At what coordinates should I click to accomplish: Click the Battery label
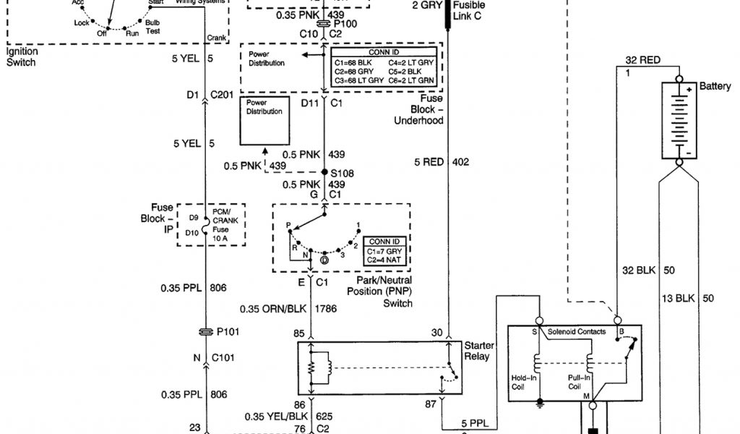715,87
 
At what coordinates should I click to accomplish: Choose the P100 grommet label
345,23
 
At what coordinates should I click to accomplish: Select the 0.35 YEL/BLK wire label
271,417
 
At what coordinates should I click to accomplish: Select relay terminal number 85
298,333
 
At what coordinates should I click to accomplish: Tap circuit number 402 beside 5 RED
461,162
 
